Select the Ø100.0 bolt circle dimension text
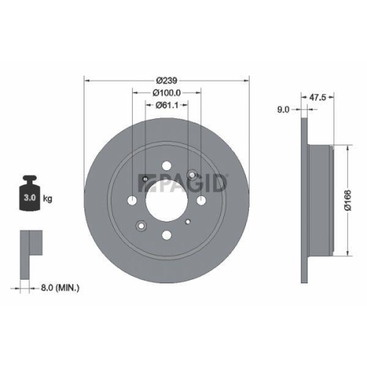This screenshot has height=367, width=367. pos(167,92)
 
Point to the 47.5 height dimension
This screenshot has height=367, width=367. pos(318,95)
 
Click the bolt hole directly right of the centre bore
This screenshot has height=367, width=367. pos(202,200)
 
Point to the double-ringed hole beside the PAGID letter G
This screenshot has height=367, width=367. pos(193,175)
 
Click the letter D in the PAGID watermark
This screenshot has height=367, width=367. pos(222,181)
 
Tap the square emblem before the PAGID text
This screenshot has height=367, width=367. pos(145,181)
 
